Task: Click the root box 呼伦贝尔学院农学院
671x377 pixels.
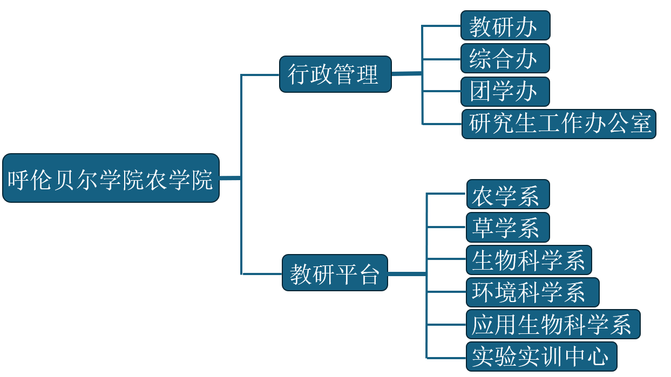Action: click(111, 178)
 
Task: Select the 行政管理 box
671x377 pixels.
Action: click(335, 74)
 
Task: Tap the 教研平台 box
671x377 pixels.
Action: click(335, 273)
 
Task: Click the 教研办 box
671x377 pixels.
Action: click(505, 25)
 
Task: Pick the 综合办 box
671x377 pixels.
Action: click(505, 58)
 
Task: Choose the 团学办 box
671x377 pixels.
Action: click(505, 92)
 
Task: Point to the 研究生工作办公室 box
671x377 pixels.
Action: click(559, 124)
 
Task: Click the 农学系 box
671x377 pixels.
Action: click(507, 194)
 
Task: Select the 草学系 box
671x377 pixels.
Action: click(507, 227)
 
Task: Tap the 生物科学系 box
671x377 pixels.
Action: click(529, 260)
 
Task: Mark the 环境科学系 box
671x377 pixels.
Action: click(532, 292)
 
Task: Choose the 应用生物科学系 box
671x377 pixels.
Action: click(553, 324)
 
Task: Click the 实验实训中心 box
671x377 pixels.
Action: click(541, 357)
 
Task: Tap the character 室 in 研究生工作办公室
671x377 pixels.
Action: click(641, 124)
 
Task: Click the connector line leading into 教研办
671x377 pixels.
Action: click(441, 25)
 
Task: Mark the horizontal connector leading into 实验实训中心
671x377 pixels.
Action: click(446, 357)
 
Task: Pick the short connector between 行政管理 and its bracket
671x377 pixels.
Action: click(406, 73)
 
